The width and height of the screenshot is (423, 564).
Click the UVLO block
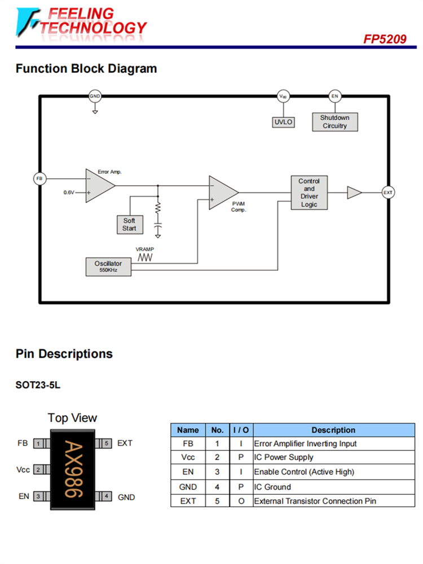[x=284, y=122]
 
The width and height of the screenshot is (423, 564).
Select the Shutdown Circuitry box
[x=335, y=122]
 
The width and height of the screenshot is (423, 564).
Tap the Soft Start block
[x=129, y=224]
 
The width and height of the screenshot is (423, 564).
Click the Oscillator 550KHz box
[x=108, y=267]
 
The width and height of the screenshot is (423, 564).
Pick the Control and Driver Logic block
[x=309, y=193]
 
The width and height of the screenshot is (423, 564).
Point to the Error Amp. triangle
[x=99, y=186]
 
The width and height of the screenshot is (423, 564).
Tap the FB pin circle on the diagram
[x=39, y=179]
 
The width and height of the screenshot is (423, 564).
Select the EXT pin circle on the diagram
[x=388, y=193]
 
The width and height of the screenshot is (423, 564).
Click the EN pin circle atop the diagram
[x=335, y=96]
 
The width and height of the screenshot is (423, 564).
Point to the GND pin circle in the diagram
[x=95, y=96]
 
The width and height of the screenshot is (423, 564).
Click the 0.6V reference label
[x=69, y=193]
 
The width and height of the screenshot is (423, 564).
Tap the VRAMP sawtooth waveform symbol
[x=146, y=257]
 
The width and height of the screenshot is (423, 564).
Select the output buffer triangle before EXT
[x=354, y=193]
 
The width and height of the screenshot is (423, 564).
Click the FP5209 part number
[x=385, y=39]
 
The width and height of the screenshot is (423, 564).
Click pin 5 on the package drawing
[x=107, y=443]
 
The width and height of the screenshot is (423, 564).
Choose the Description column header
[x=333, y=430]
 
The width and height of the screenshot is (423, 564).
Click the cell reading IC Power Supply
[x=284, y=457]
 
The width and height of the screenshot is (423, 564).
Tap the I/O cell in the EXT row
[x=241, y=501]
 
